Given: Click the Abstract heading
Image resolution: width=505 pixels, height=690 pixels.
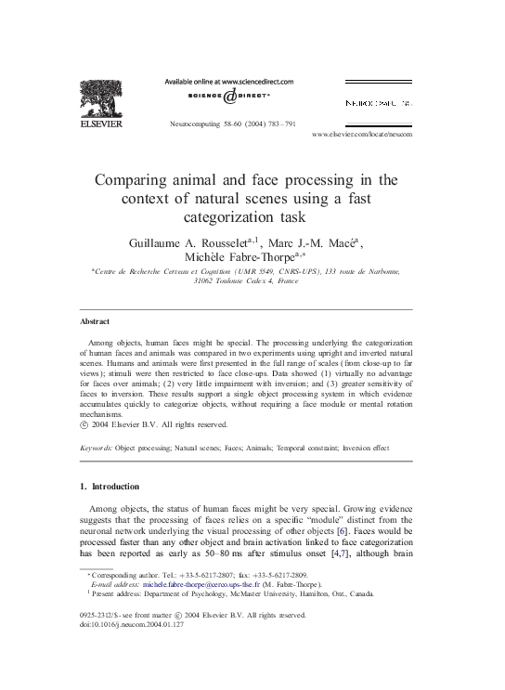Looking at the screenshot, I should click(x=95, y=321).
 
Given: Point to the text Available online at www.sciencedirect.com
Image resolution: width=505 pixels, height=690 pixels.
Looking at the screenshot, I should click(x=228, y=82).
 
